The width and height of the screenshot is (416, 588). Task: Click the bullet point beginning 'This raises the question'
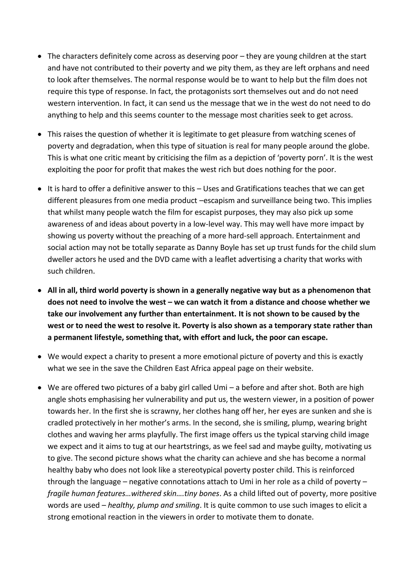(x=39, y=134)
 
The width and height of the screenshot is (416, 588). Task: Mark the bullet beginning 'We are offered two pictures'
(x=39, y=388)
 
